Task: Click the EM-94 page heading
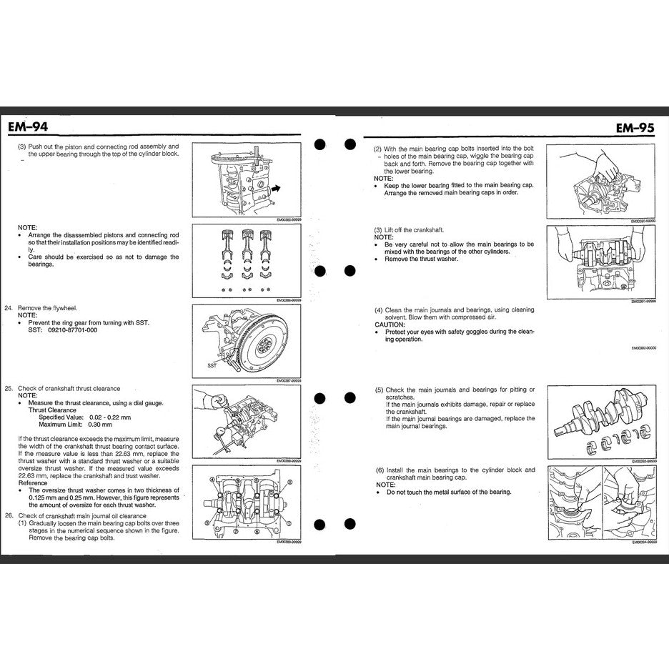29,128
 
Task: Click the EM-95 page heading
634,128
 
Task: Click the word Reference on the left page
33,483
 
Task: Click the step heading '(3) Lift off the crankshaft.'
409,229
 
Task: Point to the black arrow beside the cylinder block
276,189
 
